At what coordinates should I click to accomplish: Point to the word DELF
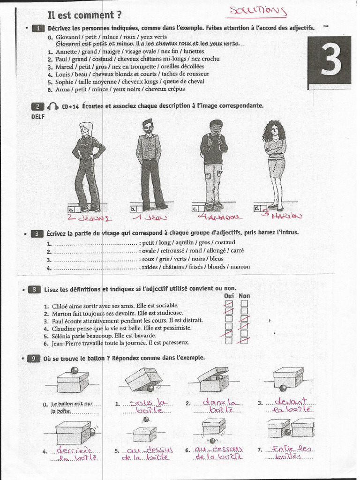coord(37,117)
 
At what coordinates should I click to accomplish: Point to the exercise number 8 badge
coord(35,290)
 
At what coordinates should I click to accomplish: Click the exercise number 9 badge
coord(35,359)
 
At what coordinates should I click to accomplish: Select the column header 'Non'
coord(244,296)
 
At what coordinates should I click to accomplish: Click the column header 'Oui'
coord(229,296)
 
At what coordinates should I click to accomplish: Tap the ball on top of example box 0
coord(74,371)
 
